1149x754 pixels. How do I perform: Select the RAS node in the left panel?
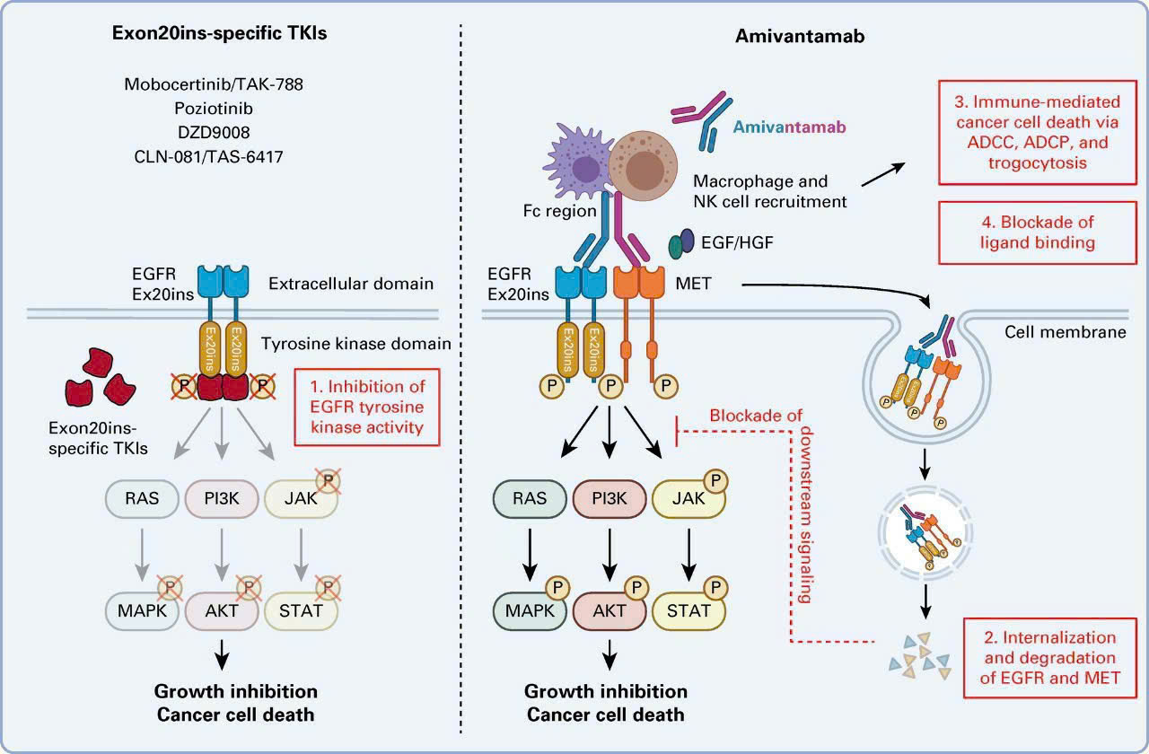point(143,496)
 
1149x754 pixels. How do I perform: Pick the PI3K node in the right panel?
point(610,496)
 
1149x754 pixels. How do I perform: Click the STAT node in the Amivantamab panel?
point(689,610)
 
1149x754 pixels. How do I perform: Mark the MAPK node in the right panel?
point(530,610)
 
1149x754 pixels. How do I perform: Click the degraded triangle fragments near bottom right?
point(917,654)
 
